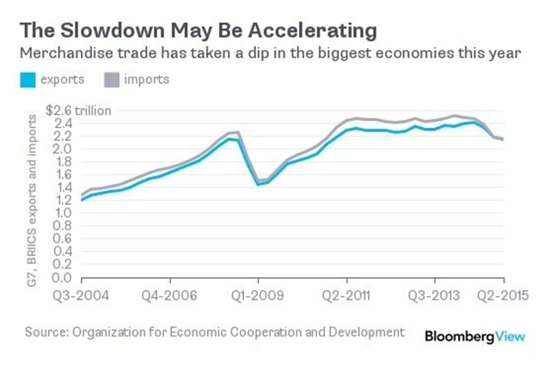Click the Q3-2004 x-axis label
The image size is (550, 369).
pos(82,294)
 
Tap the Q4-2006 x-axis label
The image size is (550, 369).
pos(169,294)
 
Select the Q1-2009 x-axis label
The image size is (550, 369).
pos(258,294)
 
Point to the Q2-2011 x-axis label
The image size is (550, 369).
pos(346,294)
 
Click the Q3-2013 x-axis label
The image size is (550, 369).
pos(434,294)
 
